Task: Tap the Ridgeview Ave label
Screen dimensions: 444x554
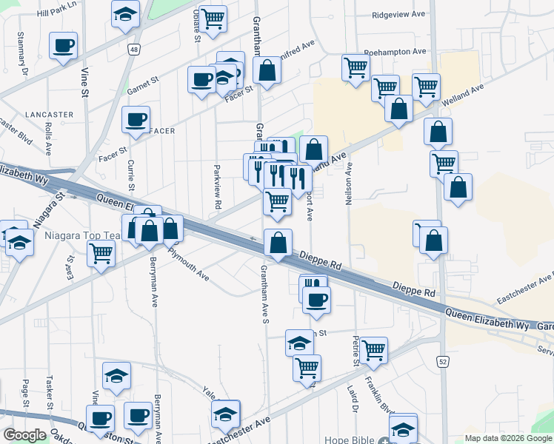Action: point(399,15)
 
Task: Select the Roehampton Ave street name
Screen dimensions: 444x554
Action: point(396,52)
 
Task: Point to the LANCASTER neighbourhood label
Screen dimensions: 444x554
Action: point(49,115)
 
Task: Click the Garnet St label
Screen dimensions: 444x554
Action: point(144,81)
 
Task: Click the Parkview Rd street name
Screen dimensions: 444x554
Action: point(218,186)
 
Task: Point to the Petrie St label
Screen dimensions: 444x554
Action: point(356,351)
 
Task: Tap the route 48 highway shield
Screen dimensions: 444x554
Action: point(133,50)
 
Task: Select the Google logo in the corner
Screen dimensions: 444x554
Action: point(24,435)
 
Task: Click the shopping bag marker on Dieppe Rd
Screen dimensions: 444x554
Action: point(278,243)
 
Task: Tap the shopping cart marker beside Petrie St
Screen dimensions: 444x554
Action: point(373,349)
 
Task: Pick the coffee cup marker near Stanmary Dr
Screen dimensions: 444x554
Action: point(64,45)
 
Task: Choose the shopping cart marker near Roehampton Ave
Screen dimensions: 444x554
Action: point(356,68)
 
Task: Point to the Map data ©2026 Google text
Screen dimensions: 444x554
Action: point(508,438)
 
